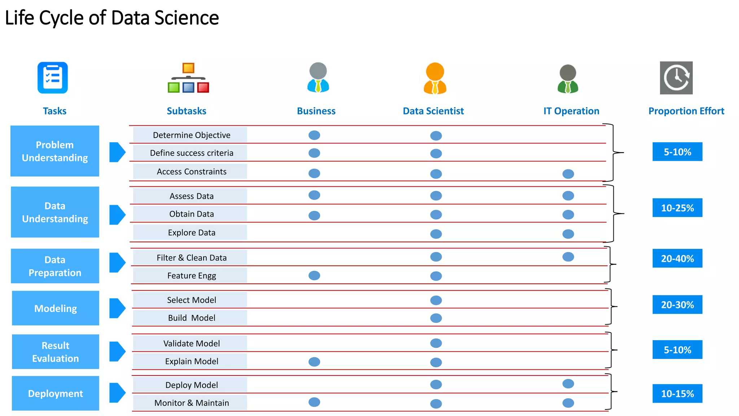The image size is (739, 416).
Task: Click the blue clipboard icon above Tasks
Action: coord(53,78)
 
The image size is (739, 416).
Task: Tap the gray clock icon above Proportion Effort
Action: coord(676,78)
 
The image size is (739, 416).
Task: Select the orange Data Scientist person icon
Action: coord(435,78)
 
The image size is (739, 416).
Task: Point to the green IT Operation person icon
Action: coord(568,79)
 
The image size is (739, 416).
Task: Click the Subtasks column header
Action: coord(186,111)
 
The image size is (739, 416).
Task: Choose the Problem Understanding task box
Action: coord(55,151)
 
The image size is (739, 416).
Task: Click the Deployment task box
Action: coord(56,393)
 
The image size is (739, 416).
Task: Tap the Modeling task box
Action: coord(56,308)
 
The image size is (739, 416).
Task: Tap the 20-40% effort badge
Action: coord(677,259)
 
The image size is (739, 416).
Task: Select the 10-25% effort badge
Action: coord(677,208)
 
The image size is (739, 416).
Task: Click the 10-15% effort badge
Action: coord(677,393)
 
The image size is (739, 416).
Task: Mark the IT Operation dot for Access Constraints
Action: coord(568,174)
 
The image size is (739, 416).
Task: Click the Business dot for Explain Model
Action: coord(314,361)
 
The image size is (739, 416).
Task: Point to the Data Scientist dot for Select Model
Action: coord(436,300)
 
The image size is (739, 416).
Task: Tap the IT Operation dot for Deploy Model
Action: coord(568,383)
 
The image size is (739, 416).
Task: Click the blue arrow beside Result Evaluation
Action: coord(117,351)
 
